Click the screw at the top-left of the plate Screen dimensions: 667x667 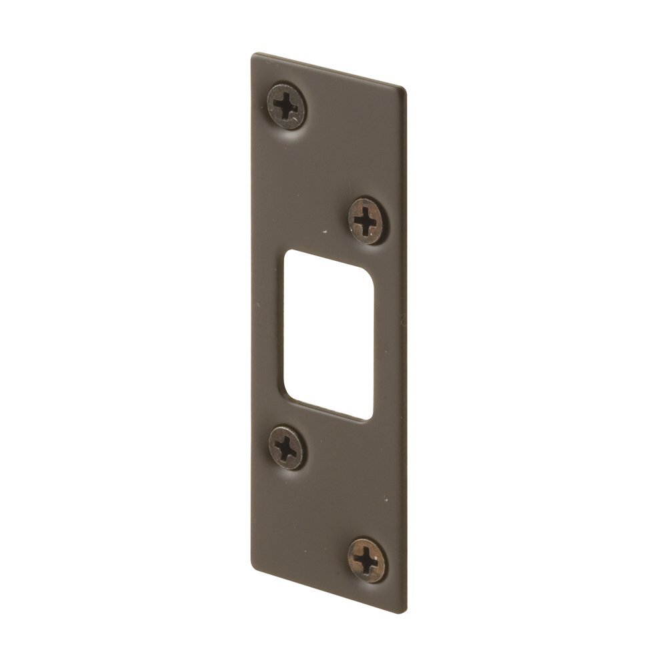[286, 105]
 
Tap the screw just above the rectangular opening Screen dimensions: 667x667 [366, 220]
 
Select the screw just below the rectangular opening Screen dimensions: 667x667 [287, 448]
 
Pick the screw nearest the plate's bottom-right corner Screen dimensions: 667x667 [367, 560]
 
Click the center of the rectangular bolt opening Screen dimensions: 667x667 [328, 335]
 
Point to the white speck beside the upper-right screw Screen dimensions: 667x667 [324, 233]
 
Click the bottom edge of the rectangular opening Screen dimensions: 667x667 [328, 410]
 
